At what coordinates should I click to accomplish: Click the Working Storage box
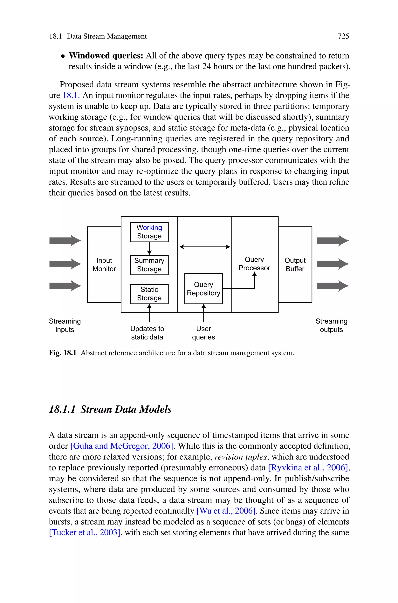[149, 232]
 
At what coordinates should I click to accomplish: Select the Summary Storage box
[149, 265]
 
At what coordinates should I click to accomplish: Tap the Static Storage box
[149, 294]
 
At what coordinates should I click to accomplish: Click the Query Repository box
[204, 289]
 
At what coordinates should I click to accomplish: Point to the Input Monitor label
[104, 265]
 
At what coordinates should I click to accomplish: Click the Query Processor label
[254, 264]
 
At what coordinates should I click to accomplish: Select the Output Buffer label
[295, 265]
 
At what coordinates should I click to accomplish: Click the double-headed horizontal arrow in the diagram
[205, 247]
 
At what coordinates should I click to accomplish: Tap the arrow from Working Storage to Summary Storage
[149, 249]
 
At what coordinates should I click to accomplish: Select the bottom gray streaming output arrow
[333, 286]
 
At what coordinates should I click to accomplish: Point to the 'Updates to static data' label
[147, 333]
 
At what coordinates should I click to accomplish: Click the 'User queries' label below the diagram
[204, 333]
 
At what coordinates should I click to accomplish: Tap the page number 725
[343, 36]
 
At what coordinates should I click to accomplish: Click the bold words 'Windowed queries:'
[106, 56]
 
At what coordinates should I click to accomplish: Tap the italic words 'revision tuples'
[241, 457]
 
